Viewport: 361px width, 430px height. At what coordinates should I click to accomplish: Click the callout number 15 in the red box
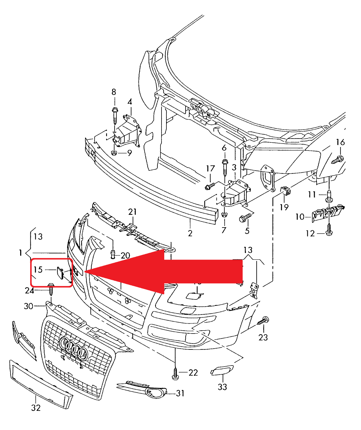point(38,270)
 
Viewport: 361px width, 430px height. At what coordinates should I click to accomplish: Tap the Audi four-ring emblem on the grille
point(73,349)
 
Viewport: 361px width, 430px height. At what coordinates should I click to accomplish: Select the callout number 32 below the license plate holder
point(36,408)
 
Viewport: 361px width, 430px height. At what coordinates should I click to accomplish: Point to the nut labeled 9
point(114,153)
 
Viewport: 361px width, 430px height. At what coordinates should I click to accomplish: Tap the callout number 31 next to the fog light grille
point(180,393)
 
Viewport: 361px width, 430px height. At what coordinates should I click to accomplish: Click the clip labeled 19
point(286,191)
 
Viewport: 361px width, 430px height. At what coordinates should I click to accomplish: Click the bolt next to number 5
point(245,218)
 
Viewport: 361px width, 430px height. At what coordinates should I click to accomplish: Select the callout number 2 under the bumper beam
point(190,233)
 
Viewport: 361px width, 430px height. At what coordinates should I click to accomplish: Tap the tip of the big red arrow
point(85,271)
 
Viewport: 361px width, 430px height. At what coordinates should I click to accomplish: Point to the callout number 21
point(132,212)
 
